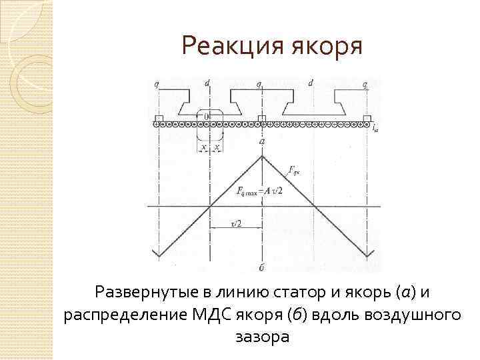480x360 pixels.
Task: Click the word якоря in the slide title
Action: (x=327, y=47)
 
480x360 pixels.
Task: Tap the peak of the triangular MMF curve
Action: (x=263, y=156)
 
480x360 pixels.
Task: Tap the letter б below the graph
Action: (x=263, y=267)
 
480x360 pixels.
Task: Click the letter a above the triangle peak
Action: (x=263, y=142)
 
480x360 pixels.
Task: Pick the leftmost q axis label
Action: (x=156, y=83)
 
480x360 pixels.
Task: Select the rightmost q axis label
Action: (x=366, y=83)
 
